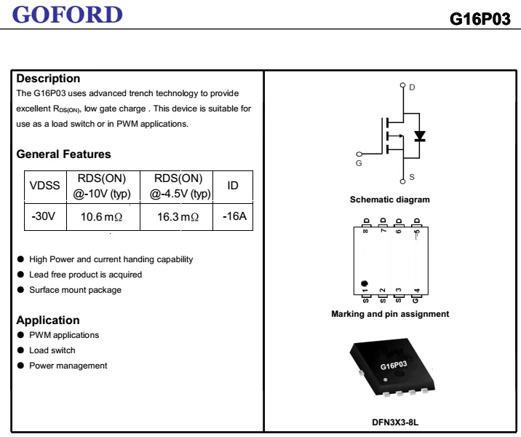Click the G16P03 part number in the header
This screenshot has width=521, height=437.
click(x=480, y=19)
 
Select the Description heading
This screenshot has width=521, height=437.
click(x=48, y=79)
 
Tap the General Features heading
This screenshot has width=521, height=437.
click(x=63, y=154)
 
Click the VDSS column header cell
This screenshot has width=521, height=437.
click(x=44, y=186)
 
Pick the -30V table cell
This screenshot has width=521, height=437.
click(x=44, y=217)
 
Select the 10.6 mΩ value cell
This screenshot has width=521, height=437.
click(x=101, y=217)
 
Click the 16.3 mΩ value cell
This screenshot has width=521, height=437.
click(x=178, y=217)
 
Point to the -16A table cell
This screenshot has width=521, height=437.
click(x=234, y=217)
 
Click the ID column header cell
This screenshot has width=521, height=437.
click(x=233, y=186)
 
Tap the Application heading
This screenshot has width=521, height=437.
click(x=48, y=320)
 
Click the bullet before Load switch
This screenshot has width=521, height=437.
click(x=20, y=350)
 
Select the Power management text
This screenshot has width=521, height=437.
click(x=68, y=366)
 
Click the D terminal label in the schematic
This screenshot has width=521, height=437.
click(x=412, y=87)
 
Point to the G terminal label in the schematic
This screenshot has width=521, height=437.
click(x=359, y=164)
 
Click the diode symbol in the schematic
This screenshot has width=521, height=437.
click(x=419, y=136)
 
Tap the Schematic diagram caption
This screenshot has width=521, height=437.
click(x=389, y=200)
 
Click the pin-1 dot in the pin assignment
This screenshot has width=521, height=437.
click(x=365, y=283)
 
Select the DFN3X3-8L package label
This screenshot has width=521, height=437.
click(x=390, y=422)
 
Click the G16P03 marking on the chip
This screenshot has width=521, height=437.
click(x=393, y=365)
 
